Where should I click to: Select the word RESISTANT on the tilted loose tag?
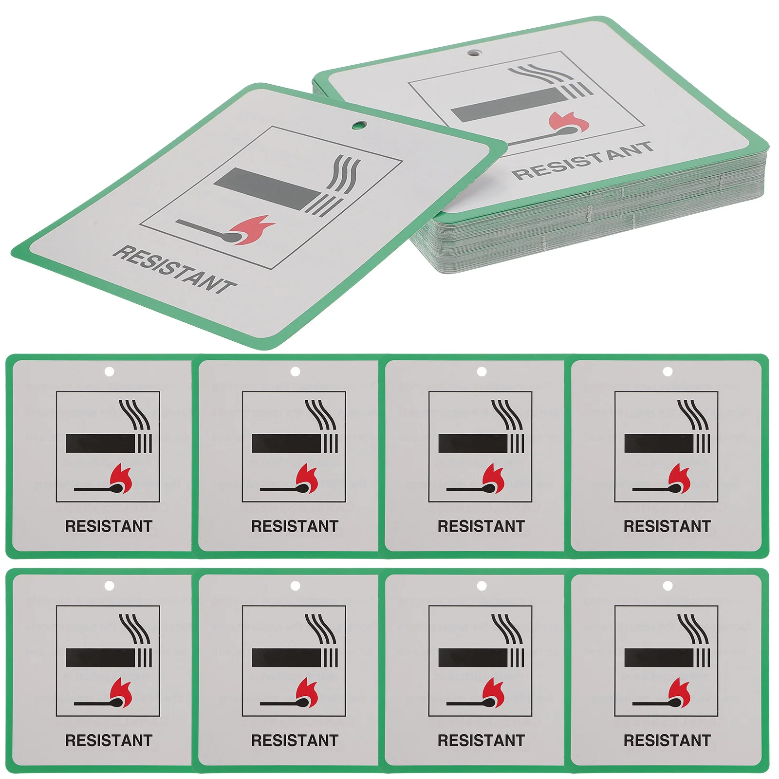click(174, 269)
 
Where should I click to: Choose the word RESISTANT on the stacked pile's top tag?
click(582, 160)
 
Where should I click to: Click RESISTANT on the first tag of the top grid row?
click(109, 526)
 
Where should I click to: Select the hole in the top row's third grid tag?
click(482, 372)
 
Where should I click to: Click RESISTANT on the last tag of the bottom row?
click(667, 740)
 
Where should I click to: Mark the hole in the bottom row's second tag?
click(295, 585)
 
